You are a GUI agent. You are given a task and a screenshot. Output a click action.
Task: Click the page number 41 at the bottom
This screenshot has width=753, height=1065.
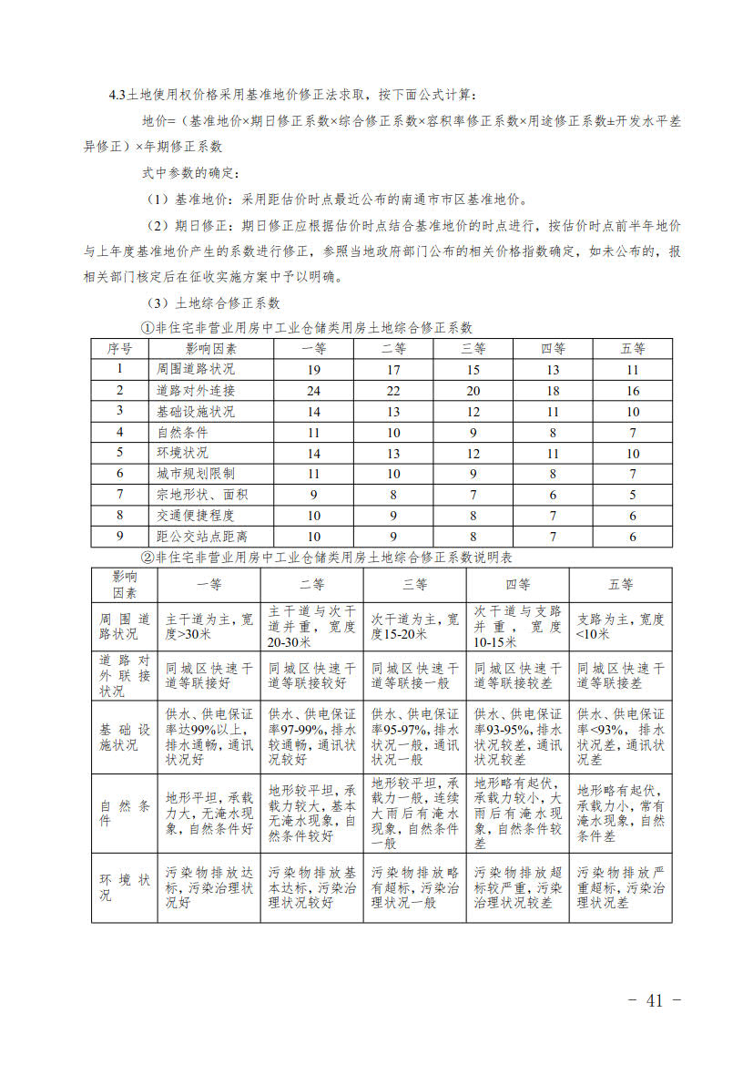655,1000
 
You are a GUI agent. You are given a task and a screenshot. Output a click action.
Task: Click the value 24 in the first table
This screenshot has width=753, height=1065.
313,390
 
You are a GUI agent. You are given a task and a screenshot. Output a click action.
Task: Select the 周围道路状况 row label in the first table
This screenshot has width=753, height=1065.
196,369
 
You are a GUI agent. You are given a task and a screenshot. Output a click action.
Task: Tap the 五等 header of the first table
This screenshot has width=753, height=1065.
633,348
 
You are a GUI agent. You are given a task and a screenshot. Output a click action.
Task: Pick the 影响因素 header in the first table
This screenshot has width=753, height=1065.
211,348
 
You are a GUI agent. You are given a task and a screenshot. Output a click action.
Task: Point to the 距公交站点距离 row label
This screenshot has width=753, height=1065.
201,537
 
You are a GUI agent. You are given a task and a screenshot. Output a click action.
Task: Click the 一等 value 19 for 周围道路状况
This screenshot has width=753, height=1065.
313,369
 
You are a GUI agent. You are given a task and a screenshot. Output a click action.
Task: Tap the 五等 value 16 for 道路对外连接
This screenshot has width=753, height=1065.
633,390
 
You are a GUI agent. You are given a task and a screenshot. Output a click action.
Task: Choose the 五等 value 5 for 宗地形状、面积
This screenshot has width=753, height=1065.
633,495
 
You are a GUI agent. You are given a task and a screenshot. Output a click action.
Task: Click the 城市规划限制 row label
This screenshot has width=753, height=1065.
196,474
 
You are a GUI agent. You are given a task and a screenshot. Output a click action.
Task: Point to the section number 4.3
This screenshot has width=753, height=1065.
117,95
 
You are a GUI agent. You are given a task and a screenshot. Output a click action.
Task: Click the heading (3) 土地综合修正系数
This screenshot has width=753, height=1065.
215,303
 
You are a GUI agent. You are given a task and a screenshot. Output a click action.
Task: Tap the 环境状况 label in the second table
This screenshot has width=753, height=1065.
124,886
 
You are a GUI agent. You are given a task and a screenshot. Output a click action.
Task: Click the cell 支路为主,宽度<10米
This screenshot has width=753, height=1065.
620,627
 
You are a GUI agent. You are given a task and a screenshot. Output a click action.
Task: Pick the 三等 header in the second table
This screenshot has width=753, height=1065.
414,584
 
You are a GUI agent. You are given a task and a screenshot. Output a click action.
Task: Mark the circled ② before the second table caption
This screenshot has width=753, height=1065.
146,557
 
